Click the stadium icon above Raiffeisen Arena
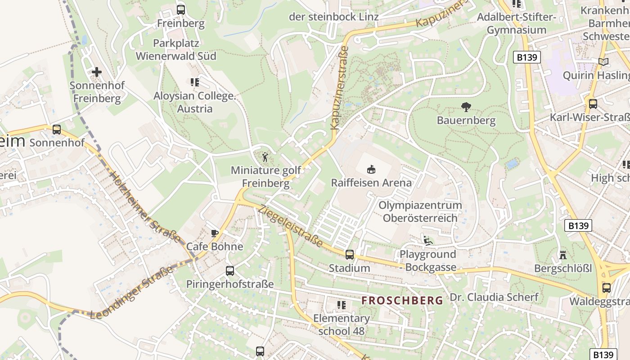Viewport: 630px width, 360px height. tap(371, 170)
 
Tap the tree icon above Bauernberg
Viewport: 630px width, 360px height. tap(466, 107)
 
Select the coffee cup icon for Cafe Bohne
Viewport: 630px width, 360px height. tap(215, 233)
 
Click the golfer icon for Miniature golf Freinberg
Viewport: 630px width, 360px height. tap(265, 157)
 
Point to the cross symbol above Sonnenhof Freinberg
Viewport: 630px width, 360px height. tap(96, 72)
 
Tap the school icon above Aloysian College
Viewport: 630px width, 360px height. tap(194, 82)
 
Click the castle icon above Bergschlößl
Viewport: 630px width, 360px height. tap(562, 255)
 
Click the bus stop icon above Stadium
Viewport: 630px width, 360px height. tap(349, 255)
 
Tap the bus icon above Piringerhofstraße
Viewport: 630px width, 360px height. tap(230, 271)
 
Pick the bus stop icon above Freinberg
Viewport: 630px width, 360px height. tap(181, 9)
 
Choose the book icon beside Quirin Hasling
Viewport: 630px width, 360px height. tap(603, 62)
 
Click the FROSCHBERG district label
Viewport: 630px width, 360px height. tap(402, 301)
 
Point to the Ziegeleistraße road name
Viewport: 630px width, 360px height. tap(291, 226)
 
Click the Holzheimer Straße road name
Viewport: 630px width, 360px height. tap(145, 208)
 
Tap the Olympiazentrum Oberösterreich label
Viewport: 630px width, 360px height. tap(420, 211)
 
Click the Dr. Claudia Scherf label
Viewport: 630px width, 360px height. tap(494, 297)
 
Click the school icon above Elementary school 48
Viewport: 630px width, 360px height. tap(342, 305)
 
